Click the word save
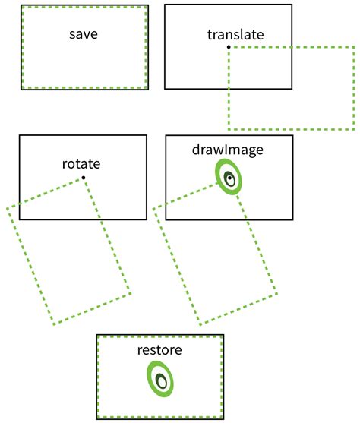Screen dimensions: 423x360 click(83, 34)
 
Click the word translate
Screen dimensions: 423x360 click(235, 35)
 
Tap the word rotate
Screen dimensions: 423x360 click(81, 163)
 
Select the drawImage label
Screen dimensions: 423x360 click(228, 150)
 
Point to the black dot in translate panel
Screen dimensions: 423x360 click(229, 47)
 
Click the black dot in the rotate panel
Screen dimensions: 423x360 click(83, 178)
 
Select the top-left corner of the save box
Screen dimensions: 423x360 click(21, 5)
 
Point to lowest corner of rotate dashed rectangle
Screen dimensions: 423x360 click(54, 325)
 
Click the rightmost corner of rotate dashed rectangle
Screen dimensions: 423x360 click(130, 293)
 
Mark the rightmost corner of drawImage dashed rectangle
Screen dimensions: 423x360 click(276, 293)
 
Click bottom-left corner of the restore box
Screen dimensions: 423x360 click(96, 419)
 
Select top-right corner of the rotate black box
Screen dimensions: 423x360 click(146, 136)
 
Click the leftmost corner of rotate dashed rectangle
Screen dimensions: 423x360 click(7, 207)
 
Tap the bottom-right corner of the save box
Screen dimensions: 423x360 click(147, 88)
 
